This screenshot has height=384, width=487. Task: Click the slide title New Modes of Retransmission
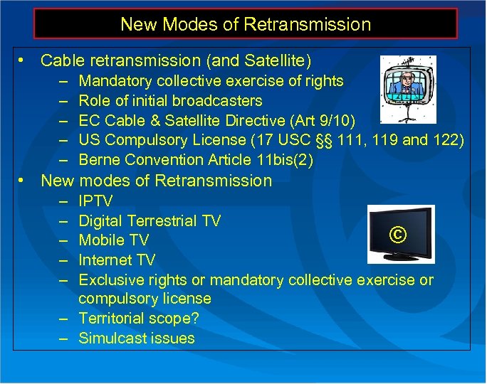(246, 24)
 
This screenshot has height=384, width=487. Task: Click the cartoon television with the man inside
(407, 89)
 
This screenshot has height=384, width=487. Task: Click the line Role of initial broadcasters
(170, 101)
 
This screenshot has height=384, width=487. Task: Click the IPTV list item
(95, 201)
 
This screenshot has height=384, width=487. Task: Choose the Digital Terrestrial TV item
(150, 221)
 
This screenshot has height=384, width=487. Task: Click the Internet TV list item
(117, 260)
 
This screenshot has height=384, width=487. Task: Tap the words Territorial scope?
(138, 319)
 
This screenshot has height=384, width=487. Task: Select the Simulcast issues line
(137, 338)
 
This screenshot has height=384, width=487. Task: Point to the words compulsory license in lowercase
(145, 299)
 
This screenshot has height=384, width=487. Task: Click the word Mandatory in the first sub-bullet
(115, 81)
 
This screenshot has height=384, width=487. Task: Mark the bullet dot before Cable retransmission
(23, 61)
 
